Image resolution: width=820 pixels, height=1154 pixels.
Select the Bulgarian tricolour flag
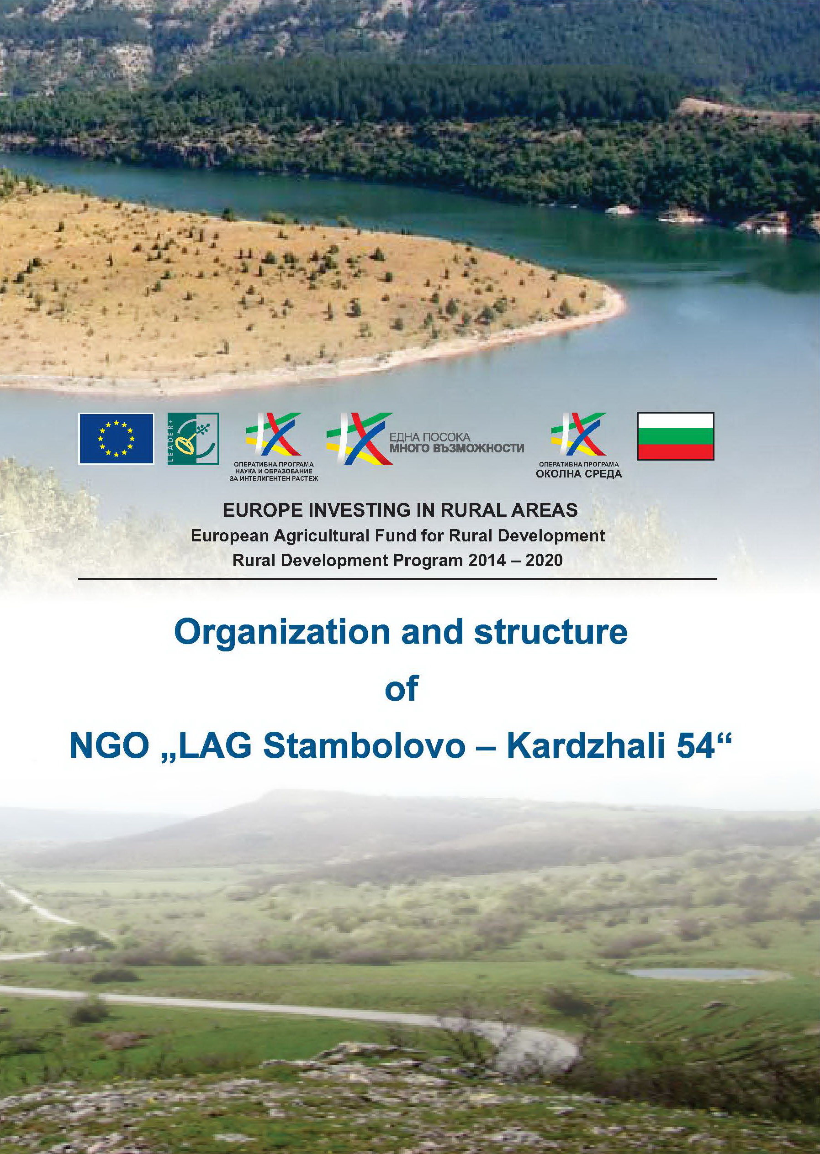pyautogui.click(x=676, y=436)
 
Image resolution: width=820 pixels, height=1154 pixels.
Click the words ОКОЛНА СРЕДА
pyautogui.click(x=579, y=474)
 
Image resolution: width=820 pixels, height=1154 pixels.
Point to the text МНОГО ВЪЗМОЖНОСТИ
pyautogui.click(x=457, y=447)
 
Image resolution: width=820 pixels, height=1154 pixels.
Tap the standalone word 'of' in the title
pyautogui.click(x=402, y=689)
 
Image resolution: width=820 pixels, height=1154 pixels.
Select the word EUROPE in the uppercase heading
pyautogui.click(x=263, y=510)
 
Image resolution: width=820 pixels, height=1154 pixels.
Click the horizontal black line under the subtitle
pyautogui.click(x=397, y=579)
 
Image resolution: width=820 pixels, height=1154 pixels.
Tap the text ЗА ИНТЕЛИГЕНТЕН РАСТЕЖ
pyautogui.click(x=274, y=478)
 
